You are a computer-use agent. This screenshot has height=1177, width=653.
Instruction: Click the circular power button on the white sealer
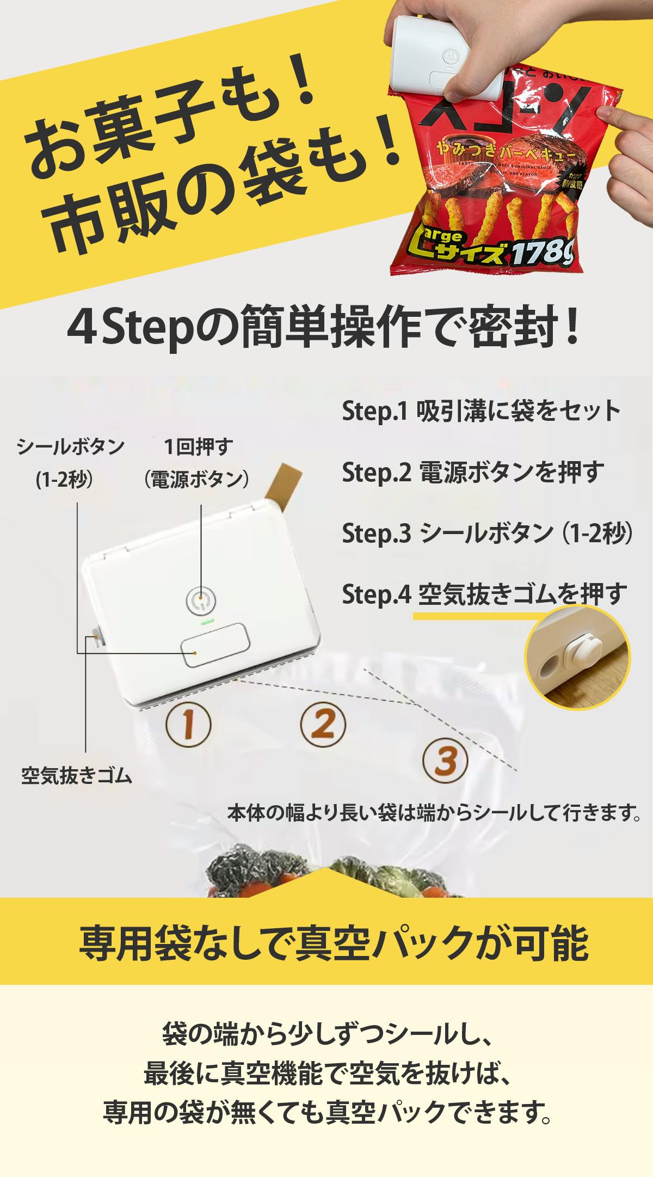click(x=201, y=600)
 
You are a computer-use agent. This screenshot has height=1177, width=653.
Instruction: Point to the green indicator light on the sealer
click(x=207, y=620)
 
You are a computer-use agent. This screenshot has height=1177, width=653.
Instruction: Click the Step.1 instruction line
click(x=481, y=411)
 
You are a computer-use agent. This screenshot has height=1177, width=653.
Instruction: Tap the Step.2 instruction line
click(x=473, y=472)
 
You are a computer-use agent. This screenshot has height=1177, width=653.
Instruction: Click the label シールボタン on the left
click(x=71, y=447)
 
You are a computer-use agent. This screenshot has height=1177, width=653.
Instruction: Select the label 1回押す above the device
click(x=198, y=447)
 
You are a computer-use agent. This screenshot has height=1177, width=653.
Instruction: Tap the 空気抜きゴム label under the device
click(x=77, y=775)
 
